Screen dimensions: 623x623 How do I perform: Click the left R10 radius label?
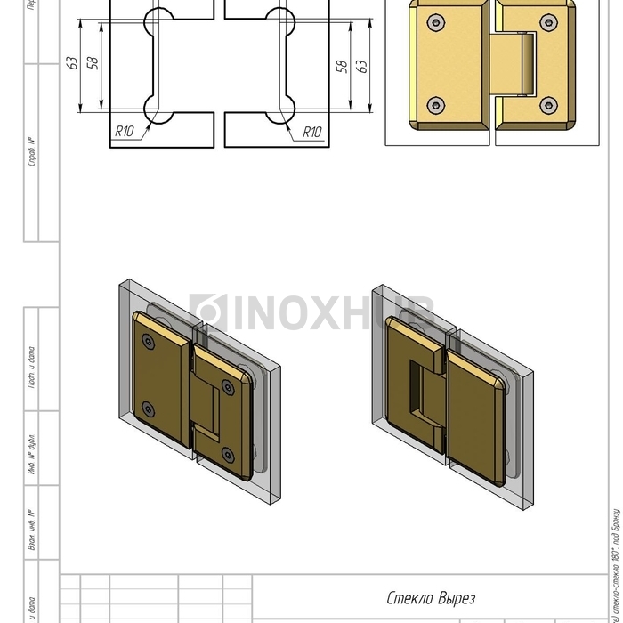pyautogui.click(x=124, y=132)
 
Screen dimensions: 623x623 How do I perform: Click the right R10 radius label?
pyautogui.click(x=311, y=132)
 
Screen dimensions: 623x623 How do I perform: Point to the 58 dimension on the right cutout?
pyautogui.click(x=341, y=66)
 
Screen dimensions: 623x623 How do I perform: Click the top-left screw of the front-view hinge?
pyautogui.click(x=434, y=21)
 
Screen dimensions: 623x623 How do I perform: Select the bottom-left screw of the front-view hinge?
pyautogui.click(x=434, y=106)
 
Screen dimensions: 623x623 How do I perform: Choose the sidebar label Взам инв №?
pyautogui.click(x=32, y=531)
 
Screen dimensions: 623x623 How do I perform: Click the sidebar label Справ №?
pyautogui.click(x=32, y=151)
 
